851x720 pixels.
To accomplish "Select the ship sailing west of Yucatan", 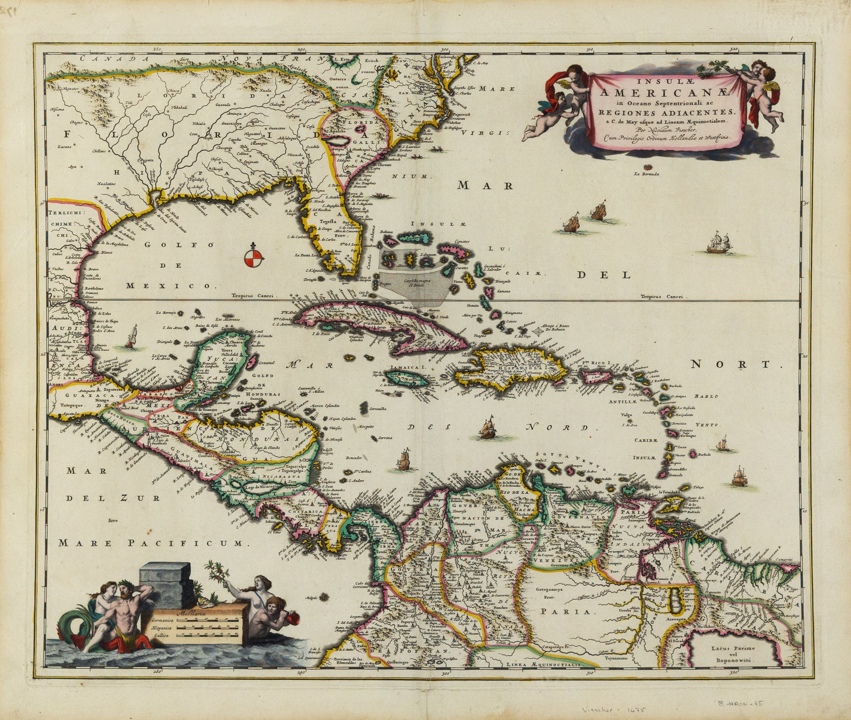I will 131,337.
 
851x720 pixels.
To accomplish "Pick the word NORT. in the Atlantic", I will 736,365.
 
